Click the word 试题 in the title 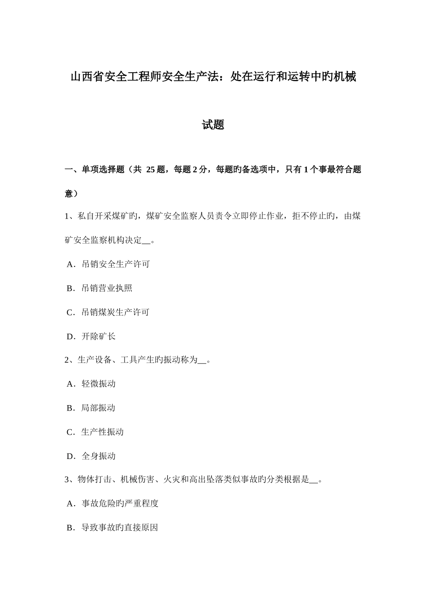[213, 125]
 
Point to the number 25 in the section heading [150, 170]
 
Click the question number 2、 [71, 360]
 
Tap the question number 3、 [71, 480]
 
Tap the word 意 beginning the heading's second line [69, 194]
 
